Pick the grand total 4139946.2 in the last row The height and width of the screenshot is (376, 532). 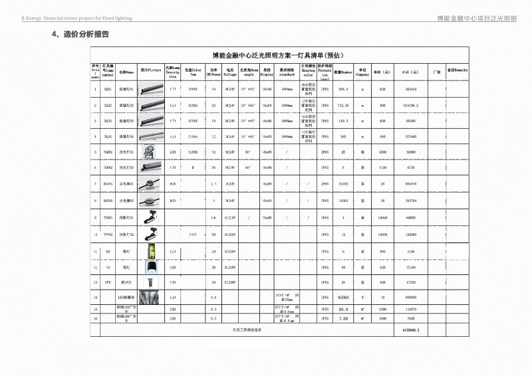(411, 329)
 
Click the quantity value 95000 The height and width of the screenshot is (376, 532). (344, 298)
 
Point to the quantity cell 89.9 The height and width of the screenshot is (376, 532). (344, 309)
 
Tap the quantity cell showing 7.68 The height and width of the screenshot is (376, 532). (344, 318)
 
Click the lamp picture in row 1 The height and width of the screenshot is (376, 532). (154, 88)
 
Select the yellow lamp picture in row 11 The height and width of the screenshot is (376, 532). (154, 252)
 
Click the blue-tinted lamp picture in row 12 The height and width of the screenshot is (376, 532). (154, 267)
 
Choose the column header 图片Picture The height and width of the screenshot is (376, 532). (151, 71)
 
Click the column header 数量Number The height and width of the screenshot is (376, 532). (343, 71)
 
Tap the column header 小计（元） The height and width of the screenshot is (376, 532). (405, 71)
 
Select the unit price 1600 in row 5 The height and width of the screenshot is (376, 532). (382, 151)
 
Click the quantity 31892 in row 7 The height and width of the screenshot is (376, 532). (344, 183)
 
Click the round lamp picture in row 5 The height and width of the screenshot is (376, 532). (154, 151)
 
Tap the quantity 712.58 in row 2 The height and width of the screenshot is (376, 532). (344, 105)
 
